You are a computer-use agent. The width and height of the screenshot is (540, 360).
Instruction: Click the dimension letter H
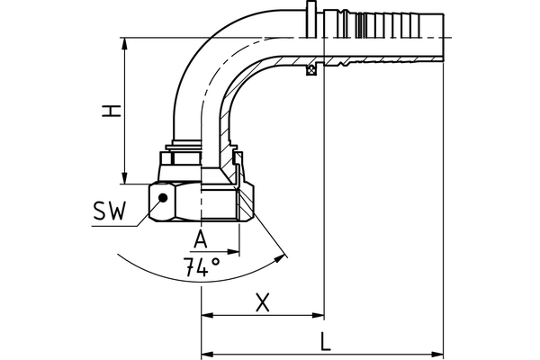[112, 111]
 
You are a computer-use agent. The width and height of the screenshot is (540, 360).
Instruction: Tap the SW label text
[110, 211]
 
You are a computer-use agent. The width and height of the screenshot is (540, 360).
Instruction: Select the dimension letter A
[201, 238]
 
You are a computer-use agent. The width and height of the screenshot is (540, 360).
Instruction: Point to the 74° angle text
[202, 267]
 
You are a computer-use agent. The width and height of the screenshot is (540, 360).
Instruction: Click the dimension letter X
[263, 302]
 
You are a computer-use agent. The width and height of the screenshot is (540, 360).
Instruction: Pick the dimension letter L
[325, 341]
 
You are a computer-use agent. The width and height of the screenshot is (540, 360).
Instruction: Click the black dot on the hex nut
[163, 198]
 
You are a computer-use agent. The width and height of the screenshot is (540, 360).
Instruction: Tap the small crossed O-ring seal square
[311, 69]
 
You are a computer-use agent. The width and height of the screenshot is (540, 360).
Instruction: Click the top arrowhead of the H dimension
[125, 44]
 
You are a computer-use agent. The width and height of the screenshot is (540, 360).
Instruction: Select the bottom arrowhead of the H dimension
[125, 178]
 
